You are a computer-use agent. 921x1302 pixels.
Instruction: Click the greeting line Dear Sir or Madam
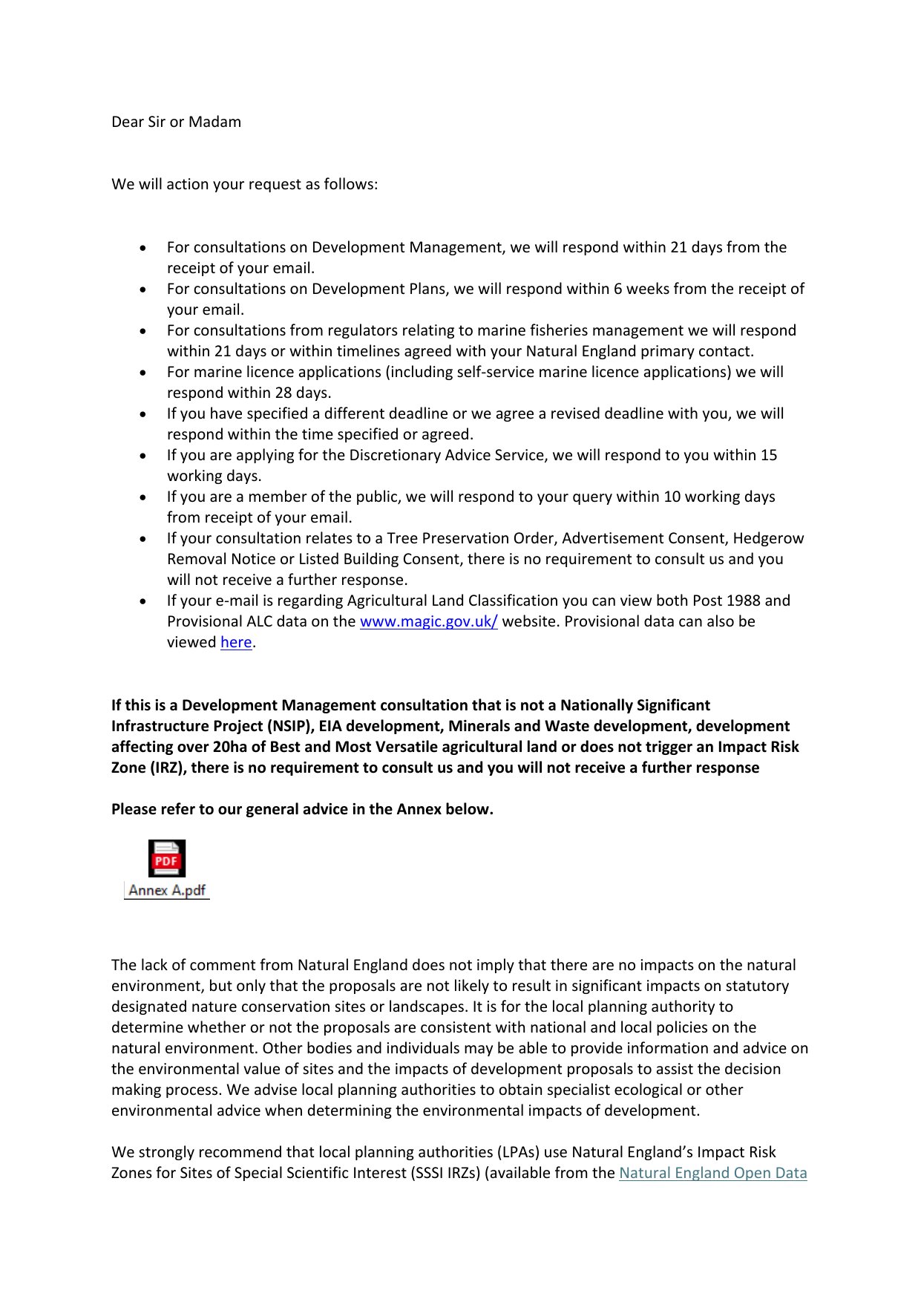tap(176, 122)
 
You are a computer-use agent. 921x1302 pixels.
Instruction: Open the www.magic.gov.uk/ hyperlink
tap(428, 621)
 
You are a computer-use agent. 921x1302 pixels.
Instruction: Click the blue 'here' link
tap(236, 642)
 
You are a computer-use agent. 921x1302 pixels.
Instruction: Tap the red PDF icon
tap(167, 859)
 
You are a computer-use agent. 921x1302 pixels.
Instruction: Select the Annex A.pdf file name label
tap(167, 890)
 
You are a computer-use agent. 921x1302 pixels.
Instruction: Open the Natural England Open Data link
tap(712, 1173)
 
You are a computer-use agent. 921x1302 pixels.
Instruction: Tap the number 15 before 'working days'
tap(769, 455)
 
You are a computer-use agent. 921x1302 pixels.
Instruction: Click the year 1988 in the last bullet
tap(743, 601)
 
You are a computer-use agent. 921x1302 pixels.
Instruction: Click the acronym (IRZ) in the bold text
tap(168, 768)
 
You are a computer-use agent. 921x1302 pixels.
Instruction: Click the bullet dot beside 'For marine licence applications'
tap(142, 373)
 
